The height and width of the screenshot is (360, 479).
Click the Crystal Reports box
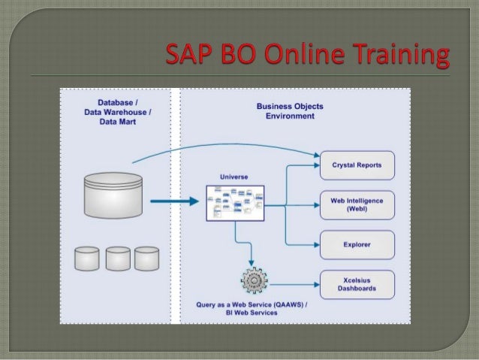point(357,165)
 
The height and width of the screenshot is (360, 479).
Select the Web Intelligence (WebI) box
point(357,204)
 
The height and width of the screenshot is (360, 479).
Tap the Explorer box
point(357,244)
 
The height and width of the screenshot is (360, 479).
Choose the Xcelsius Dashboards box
point(357,284)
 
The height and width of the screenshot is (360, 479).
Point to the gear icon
point(254,280)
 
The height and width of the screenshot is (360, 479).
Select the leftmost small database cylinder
point(87,258)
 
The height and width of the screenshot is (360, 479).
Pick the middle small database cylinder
point(118,258)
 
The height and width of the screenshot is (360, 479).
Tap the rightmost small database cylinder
point(147,258)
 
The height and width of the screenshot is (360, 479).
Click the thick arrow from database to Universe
point(171,201)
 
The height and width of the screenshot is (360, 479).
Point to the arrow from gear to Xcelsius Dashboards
point(293,285)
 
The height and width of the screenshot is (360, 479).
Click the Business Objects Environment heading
point(290,111)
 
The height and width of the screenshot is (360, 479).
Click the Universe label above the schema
point(233,177)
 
